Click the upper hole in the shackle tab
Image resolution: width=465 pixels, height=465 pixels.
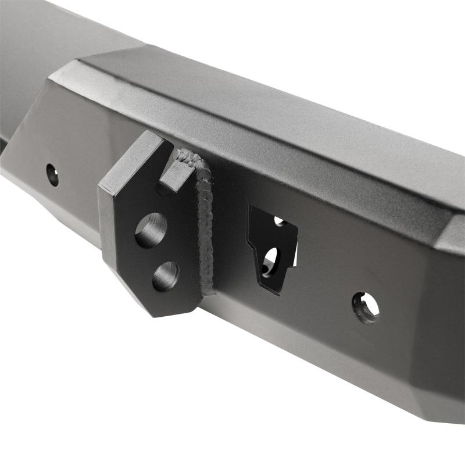(x=151, y=230)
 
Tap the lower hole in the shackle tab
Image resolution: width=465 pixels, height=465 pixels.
(x=166, y=276)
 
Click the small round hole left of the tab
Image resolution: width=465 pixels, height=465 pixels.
(x=52, y=174)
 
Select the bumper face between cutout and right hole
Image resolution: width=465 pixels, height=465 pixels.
(x=325, y=279)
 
